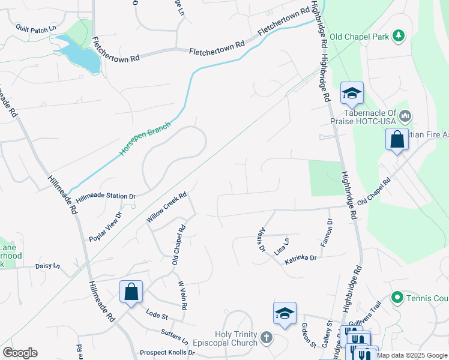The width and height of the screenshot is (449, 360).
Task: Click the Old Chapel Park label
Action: (363, 37)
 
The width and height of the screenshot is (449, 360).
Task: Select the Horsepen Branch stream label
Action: (145, 139)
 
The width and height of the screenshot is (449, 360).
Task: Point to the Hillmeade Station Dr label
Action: (106, 196)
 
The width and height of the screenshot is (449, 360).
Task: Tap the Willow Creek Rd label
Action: (167, 208)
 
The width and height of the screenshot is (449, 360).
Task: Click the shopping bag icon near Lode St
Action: (131, 292)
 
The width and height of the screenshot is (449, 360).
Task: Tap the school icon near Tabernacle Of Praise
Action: (352, 94)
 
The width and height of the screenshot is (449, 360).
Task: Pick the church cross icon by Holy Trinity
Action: (267, 338)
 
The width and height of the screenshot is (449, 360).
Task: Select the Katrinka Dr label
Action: (300, 257)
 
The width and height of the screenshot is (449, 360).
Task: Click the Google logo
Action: (20, 353)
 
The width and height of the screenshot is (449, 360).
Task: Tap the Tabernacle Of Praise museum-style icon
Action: (405, 115)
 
